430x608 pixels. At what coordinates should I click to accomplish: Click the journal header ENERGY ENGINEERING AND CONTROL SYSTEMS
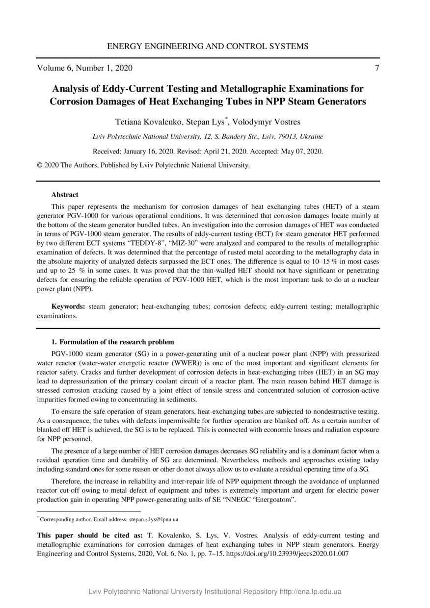coord(208,47)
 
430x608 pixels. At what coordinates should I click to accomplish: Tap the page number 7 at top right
coord(376,68)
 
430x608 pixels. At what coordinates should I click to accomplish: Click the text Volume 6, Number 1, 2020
coord(85,68)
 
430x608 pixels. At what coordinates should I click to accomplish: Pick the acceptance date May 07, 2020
coord(301,151)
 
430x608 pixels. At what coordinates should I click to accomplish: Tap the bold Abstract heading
coord(65,195)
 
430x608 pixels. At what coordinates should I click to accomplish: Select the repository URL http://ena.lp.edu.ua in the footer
coord(310,592)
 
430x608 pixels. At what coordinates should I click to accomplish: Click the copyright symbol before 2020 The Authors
coord(40,165)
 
